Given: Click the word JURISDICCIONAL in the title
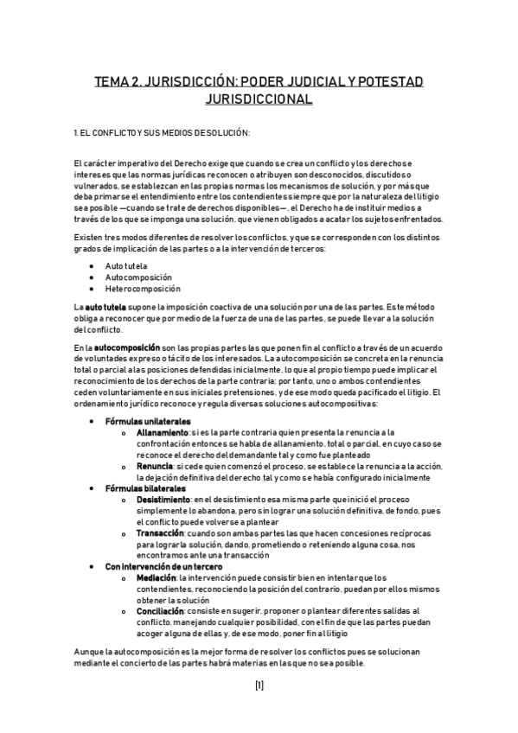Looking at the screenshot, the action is click(x=259, y=99).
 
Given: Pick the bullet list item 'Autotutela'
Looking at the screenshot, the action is click(x=126, y=265).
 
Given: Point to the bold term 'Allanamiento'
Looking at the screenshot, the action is click(x=162, y=431).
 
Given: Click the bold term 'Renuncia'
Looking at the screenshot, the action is click(x=154, y=466).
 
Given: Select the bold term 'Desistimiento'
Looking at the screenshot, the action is click(x=163, y=499).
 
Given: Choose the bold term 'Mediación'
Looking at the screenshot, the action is click(x=157, y=577).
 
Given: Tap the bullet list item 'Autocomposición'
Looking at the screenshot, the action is click(x=137, y=277).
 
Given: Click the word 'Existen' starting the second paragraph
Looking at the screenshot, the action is click(x=89, y=237).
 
